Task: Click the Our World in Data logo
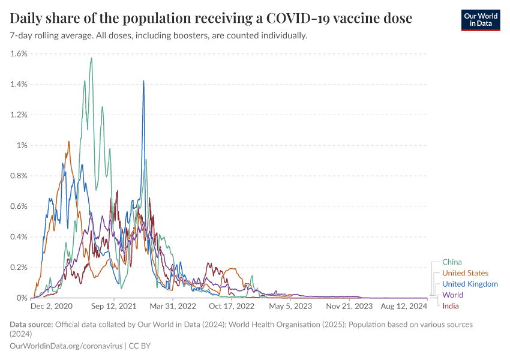[480, 20]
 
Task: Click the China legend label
[452, 262]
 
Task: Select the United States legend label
[465, 273]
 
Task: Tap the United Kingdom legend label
[470, 284]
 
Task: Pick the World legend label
[452, 295]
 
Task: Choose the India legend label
[451, 306]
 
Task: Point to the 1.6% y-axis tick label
[19, 53]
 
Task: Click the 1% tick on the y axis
[22, 145]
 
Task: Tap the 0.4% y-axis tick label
[19, 236]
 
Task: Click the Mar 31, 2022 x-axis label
[173, 306]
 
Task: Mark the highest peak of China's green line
[91, 58]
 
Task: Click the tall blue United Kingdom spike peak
[143, 81]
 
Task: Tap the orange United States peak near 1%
[69, 142]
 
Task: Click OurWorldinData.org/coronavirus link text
[65, 346]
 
